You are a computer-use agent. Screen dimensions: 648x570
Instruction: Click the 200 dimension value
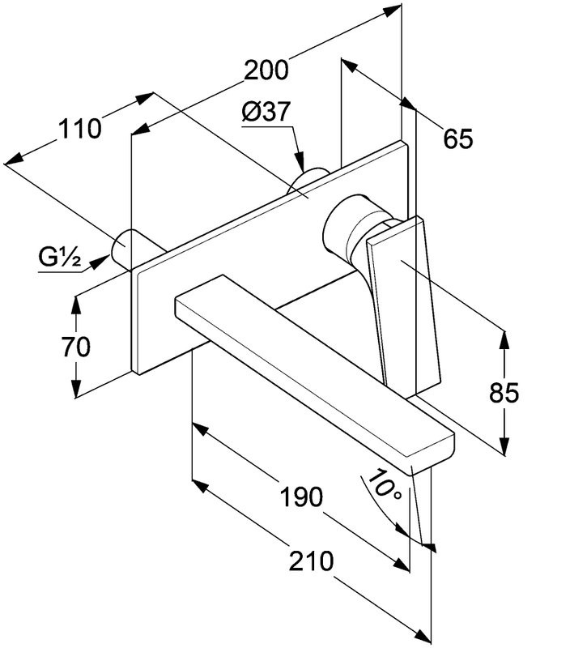[x=266, y=70]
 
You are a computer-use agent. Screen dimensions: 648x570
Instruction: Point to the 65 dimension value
[x=457, y=139]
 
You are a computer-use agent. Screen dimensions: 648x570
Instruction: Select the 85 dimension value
[x=503, y=393]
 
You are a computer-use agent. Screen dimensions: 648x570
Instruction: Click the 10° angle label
[x=380, y=487]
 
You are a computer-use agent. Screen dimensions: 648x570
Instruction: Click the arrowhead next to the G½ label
[x=102, y=259]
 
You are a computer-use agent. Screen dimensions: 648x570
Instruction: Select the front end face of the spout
[x=433, y=454]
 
